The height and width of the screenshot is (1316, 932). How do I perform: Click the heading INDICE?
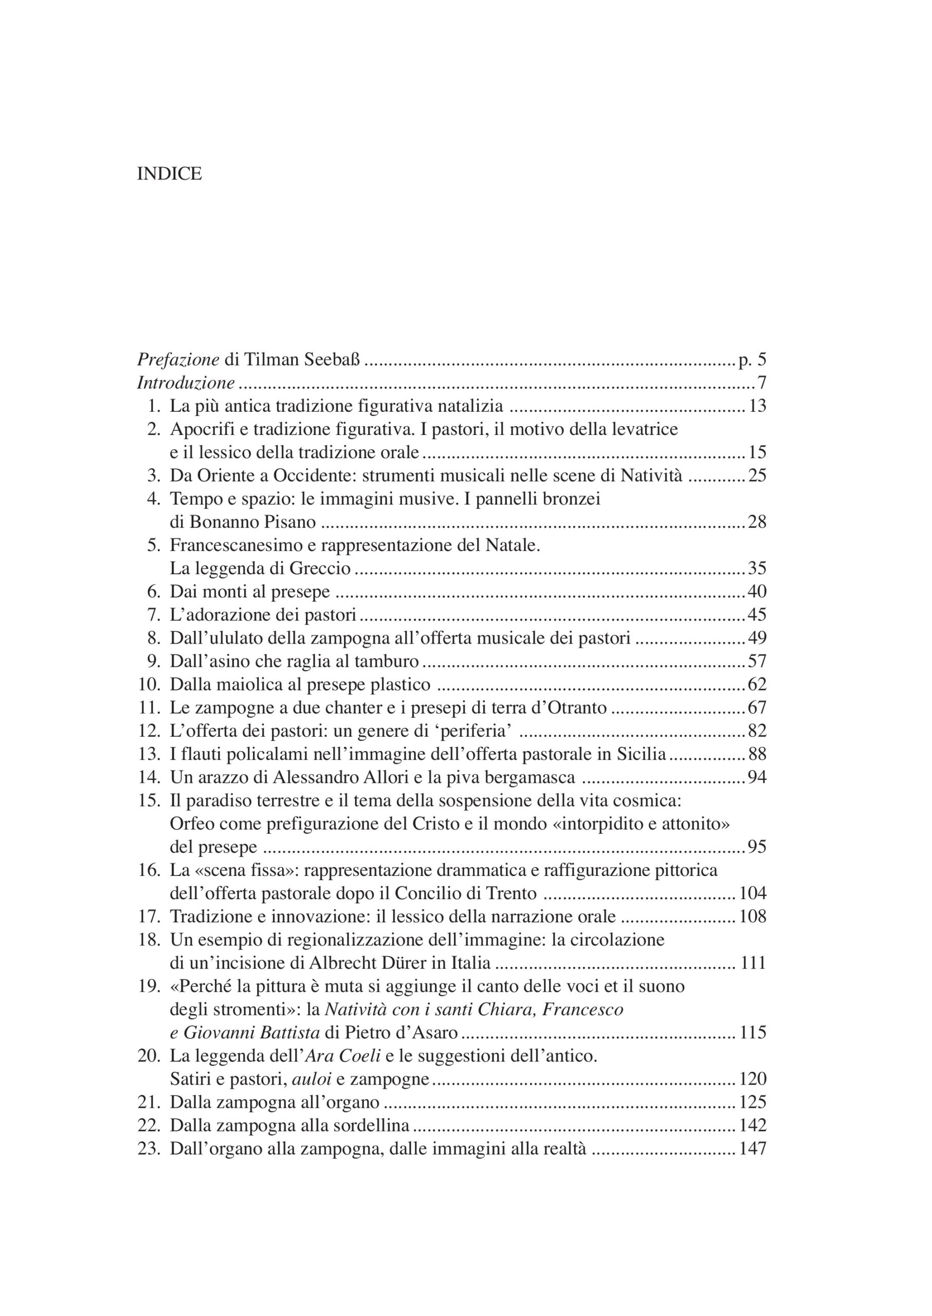pyautogui.click(x=169, y=174)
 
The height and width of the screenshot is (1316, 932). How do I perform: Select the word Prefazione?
pyautogui.click(x=178, y=360)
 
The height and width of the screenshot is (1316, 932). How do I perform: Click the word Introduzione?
pyautogui.click(x=186, y=383)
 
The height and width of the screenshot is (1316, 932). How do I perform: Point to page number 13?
pyautogui.click(x=757, y=406)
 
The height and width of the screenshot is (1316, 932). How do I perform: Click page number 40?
pyautogui.click(x=757, y=592)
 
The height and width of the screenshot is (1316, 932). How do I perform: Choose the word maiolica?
pyautogui.click(x=255, y=685)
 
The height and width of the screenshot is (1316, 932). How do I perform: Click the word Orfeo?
pyautogui.click(x=192, y=824)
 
